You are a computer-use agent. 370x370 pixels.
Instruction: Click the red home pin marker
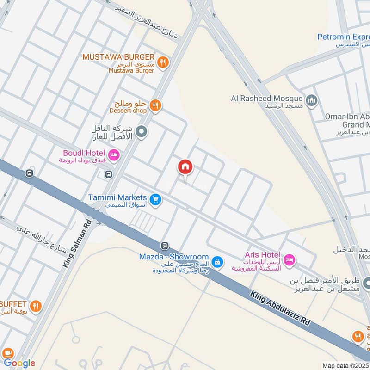click(185, 167)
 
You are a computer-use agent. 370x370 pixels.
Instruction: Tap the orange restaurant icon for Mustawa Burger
click(162, 62)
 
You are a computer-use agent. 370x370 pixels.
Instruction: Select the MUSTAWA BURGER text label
click(119, 57)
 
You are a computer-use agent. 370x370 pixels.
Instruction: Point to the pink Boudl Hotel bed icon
click(113, 154)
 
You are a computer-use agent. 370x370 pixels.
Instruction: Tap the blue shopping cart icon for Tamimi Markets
click(155, 199)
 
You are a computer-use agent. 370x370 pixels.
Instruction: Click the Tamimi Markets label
click(117, 197)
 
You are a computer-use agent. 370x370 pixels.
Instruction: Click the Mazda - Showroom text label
click(174, 257)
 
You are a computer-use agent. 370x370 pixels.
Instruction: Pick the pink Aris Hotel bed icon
click(289, 259)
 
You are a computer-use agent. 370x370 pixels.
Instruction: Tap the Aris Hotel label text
click(262, 255)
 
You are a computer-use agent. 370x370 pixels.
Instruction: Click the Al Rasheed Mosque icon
click(312, 100)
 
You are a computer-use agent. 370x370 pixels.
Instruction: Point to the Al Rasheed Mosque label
click(267, 98)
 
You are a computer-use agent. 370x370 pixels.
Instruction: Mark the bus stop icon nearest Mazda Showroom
click(164, 245)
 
